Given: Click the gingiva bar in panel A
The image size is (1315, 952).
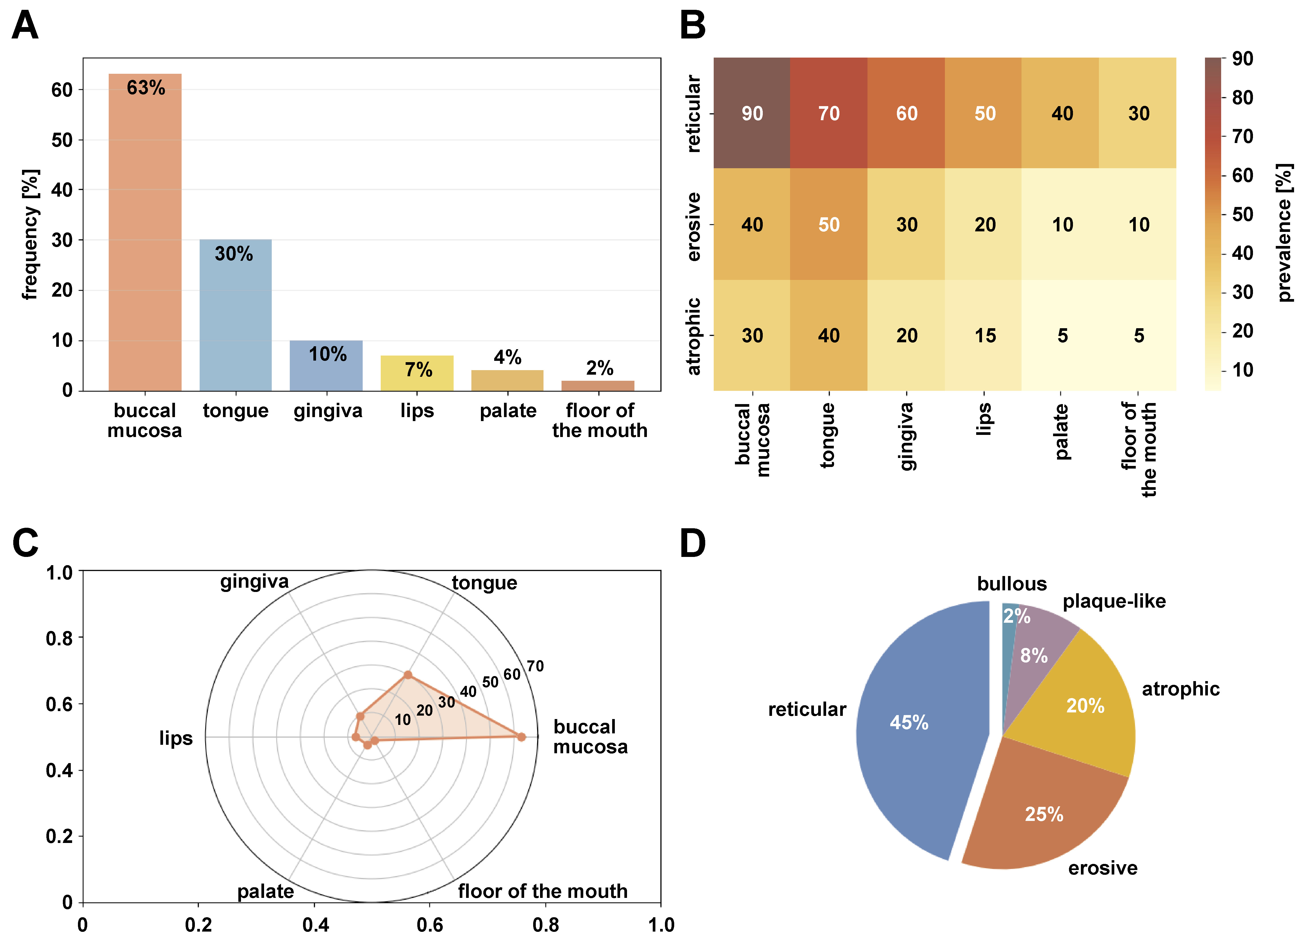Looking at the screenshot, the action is [x=326, y=365].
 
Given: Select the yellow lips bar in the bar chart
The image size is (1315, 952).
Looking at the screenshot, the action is [x=417, y=373].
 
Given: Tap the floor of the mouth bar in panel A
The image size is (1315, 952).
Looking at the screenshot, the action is [x=598, y=386].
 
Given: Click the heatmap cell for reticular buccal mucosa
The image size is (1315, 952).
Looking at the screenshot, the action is [x=752, y=113].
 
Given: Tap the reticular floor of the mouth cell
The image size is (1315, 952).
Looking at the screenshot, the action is [x=1138, y=113].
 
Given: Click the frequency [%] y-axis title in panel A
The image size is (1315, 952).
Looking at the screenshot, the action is [x=30, y=234].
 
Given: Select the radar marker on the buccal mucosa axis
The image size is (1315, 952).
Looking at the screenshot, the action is [x=521, y=737].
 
